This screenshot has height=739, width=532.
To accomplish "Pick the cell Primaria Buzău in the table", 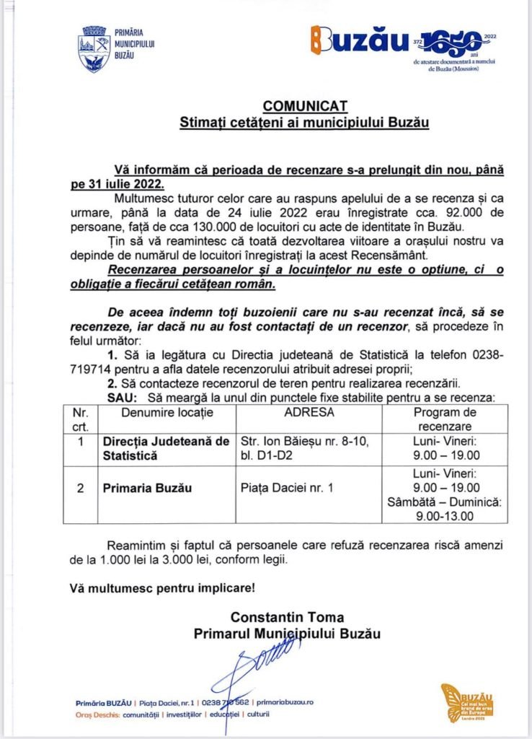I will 148,489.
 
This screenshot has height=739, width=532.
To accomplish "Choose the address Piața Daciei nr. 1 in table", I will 287,489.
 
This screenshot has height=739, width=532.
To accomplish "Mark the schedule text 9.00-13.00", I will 444,516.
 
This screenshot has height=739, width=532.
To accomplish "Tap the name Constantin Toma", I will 287,617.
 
